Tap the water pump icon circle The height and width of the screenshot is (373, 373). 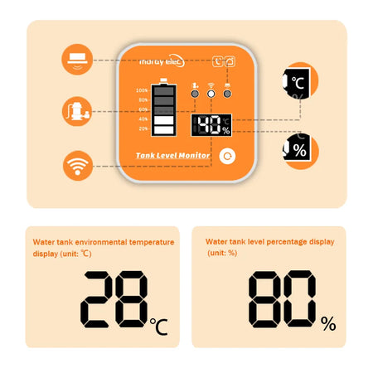(x=77, y=109)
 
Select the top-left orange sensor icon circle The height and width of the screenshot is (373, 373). (x=77, y=59)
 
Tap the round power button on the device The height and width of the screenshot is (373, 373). (x=225, y=156)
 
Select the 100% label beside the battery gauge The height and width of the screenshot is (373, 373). (x=143, y=90)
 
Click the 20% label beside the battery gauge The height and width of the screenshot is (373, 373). (x=143, y=128)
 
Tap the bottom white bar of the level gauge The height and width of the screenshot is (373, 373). (x=164, y=128)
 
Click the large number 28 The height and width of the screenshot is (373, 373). (x=114, y=298)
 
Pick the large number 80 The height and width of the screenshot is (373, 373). (x=282, y=298)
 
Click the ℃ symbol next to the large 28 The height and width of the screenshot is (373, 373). (x=159, y=327)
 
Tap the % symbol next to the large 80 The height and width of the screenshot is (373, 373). (x=328, y=324)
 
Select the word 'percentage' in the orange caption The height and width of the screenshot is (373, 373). (x=280, y=242)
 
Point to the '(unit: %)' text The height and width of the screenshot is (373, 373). (x=221, y=253)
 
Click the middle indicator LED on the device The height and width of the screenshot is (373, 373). (x=211, y=94)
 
